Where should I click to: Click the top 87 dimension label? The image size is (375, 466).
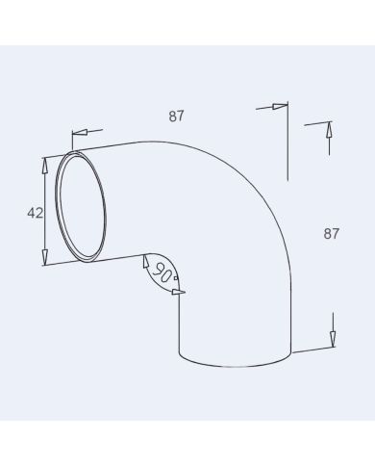(176, 116)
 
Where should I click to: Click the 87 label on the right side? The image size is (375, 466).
(332, 233)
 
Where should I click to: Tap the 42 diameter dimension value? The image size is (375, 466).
(35, 213)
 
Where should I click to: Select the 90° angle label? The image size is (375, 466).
(163, 274)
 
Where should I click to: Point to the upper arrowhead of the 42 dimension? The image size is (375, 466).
(44, 165)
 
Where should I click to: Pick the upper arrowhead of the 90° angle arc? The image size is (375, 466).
(145, 261)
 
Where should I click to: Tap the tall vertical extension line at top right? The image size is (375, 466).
(287, 144)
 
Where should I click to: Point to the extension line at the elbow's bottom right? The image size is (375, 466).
(312, 349)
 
